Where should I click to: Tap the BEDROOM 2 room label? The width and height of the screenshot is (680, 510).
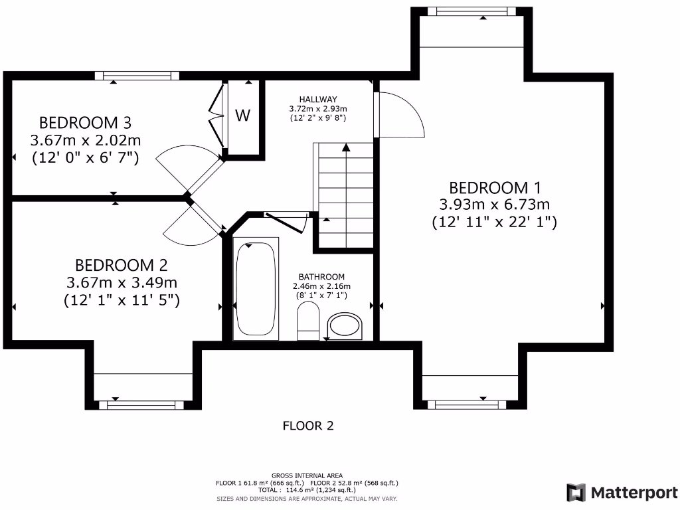tap(122, 265)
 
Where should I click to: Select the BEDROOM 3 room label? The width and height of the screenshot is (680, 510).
tap(85, 123)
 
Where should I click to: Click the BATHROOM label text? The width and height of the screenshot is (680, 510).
tap(321, 277)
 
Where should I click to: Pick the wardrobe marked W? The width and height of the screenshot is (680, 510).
tap(243, 116)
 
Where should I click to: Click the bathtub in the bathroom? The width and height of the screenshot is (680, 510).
tap(256, 289)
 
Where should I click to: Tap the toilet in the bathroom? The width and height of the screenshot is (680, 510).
tap(307, 320)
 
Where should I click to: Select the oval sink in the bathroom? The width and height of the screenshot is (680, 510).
tap(346, 325)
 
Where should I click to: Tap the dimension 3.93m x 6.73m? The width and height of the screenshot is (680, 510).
tap(494, 205)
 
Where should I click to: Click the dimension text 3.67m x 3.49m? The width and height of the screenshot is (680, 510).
tap(122, 282)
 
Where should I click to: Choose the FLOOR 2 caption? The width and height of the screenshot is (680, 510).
tap(308, 426)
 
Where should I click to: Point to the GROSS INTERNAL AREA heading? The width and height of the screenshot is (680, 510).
tap(307, 475)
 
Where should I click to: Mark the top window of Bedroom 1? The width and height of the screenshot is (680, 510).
tap(471, 11)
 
